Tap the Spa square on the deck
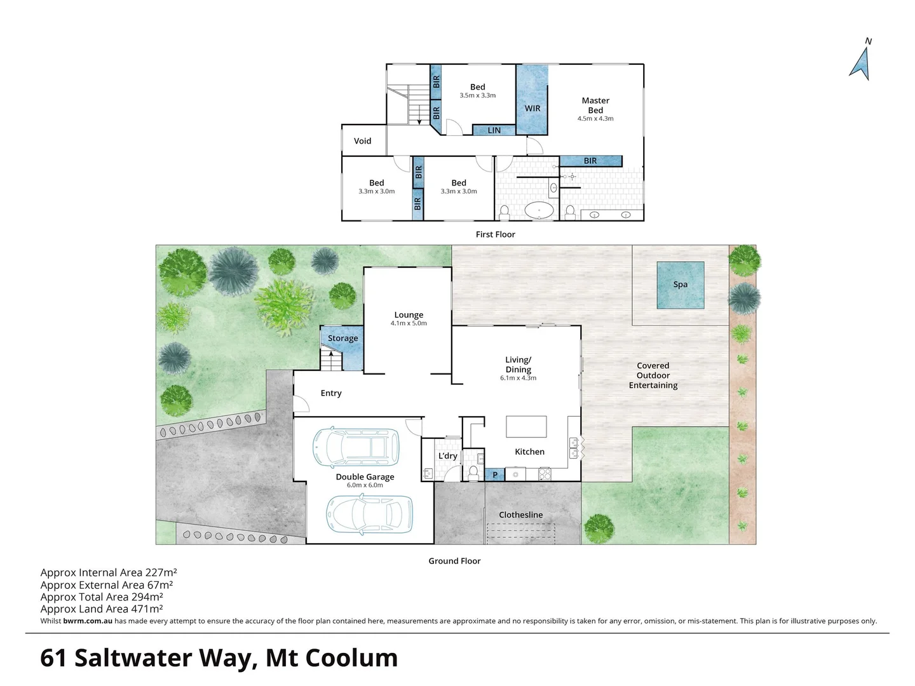[680, 285]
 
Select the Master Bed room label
[595, 105]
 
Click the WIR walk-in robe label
[532, 109]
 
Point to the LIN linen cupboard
[494, 130]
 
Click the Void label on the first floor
[362, 141]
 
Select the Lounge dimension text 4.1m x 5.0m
[409, 323]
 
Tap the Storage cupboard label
[342, 339]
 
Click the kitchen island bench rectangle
[526, 426]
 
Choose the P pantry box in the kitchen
[495, 474]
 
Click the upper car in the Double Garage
[356, 447]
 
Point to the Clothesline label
[520, 515]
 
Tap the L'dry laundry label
[447, 456]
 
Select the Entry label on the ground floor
[331, 393]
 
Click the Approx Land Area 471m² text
[102, 609]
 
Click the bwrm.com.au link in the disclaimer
[88, 621]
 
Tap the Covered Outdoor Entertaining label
[653, 375]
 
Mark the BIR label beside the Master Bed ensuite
[590, 161]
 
